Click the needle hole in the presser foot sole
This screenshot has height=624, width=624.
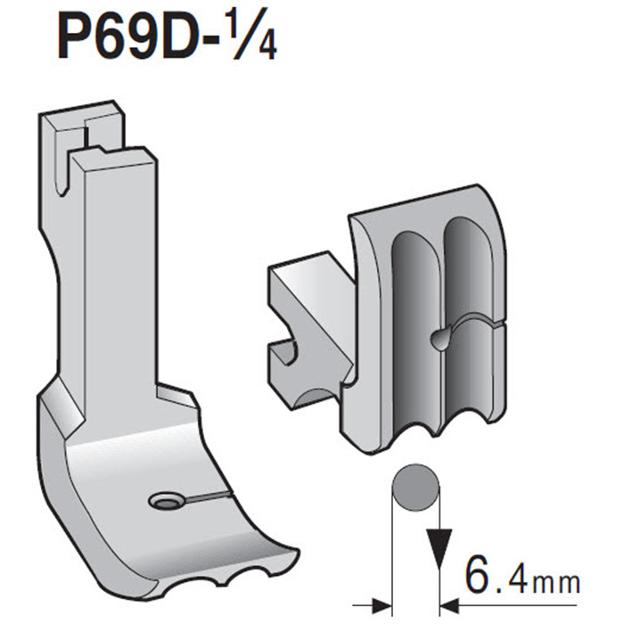point(165,503)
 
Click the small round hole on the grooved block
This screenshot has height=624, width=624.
point(438,337)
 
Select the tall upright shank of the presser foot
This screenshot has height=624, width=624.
point(111,267)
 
